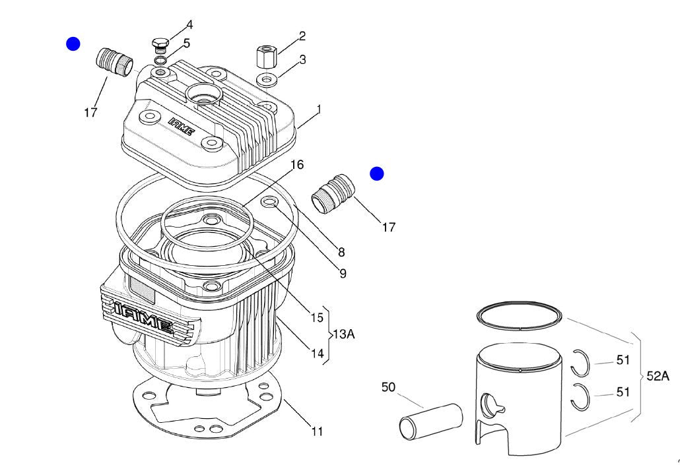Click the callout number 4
click(189, 25)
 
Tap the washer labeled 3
click(268, 80)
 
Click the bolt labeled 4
click(159, 45)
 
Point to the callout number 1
click(319, 108)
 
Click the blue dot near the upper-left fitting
click(73, 44)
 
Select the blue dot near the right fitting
click(376, 173)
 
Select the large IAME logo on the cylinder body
click(142, 317)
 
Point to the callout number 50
click(389, 387)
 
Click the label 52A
click(658, 376)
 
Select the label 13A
click(343, 334)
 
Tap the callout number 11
click(317, 432)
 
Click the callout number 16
click(297, 164)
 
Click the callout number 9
click(343, 273)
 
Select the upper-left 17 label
click(90, 112)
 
